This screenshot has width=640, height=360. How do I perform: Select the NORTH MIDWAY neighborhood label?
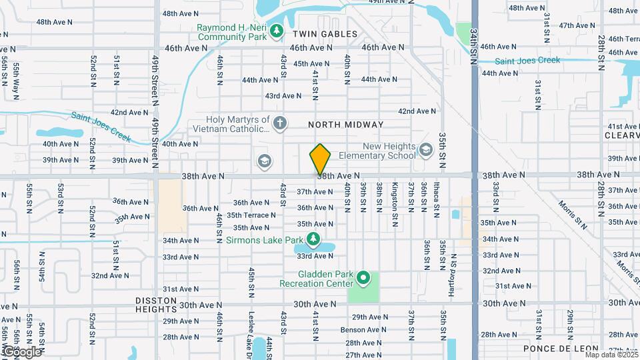tap(345, 125)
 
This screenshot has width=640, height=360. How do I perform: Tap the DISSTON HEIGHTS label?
tap(155, 305)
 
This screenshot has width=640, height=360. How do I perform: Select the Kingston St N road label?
tap(395, 199)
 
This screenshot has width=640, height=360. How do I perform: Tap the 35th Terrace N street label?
tap(251, 215)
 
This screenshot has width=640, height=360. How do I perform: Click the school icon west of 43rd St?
tap(264, 161)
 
